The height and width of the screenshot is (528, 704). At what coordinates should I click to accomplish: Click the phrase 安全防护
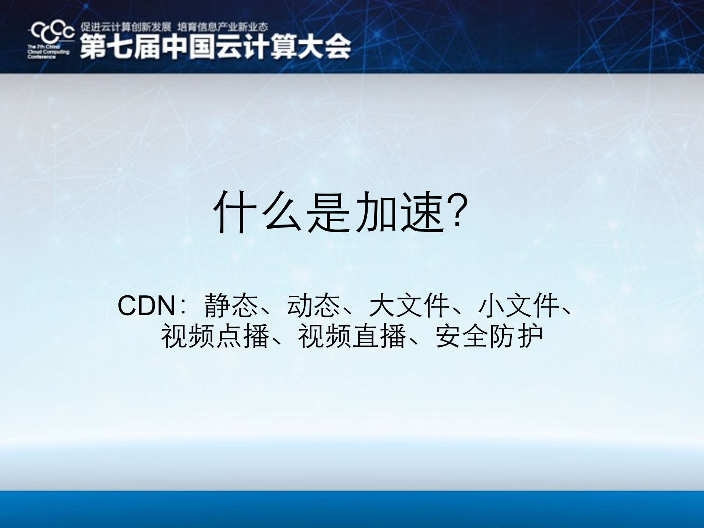pos(489,336)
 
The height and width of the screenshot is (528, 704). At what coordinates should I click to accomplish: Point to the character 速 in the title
pos(422,212)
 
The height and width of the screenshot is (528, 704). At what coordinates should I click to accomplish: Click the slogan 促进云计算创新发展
pos(126,27)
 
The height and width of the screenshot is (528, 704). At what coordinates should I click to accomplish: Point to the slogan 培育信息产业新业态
pos(222,27)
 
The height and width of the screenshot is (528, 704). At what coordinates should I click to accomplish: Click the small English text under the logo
pos(48,52)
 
